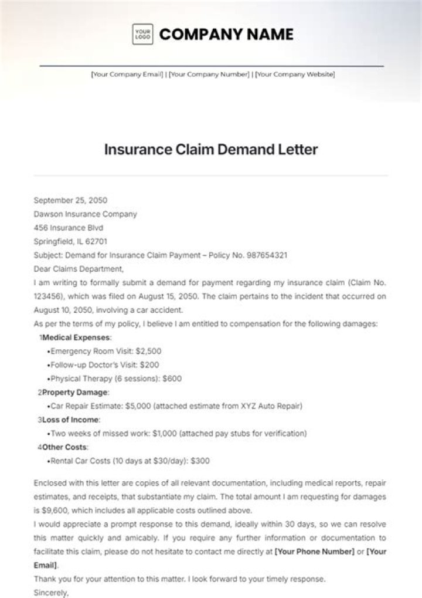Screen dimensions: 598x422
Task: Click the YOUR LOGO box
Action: coord(142,35)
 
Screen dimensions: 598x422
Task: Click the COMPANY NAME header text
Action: coord(226,35)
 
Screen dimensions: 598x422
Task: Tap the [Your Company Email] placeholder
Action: coord(127,75)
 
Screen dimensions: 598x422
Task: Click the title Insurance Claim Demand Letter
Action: coord(211,149)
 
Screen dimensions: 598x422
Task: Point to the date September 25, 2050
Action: coord(71,200)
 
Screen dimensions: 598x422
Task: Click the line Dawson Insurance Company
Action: coord(86,214)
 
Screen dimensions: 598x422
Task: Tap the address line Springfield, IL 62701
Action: coord(71,241)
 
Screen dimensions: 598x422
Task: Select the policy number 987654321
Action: coord(266,255)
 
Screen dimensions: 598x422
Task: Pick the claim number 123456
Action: coord(49,297)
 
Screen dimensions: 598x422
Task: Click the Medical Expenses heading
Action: coord(77,337)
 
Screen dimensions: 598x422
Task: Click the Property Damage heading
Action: coord(76,392)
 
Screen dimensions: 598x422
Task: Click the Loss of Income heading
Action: coord(71,420)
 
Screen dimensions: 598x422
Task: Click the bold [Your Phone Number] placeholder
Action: coord(315,551)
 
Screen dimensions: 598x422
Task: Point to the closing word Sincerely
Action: coord(52,592)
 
